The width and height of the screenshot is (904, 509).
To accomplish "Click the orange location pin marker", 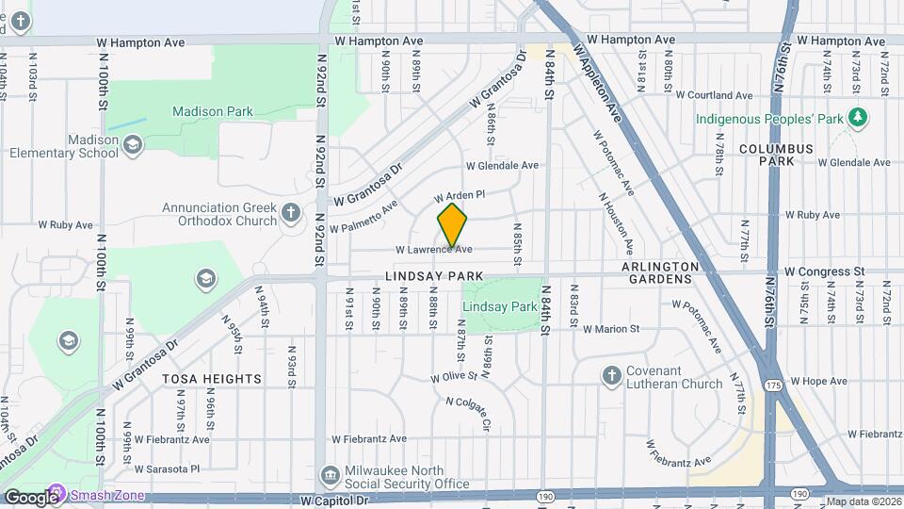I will tap(453, 225).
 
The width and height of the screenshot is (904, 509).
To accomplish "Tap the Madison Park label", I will tap(213, 111).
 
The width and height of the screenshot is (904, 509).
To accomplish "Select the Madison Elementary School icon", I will tap(133, 144).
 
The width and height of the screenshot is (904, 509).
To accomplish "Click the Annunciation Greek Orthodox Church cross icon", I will tap(291, 214).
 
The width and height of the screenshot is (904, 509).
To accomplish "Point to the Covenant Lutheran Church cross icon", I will tap(612, 375).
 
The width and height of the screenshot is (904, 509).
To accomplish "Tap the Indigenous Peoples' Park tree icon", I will tap(857, 118).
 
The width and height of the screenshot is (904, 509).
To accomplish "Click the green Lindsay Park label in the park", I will tap(499, 306).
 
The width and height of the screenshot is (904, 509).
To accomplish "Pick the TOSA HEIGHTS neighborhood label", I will tap(212, 379).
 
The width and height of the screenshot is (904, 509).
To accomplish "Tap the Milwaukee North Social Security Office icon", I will tap(330, 474).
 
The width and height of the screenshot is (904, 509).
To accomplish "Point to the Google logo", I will tap(30, 498).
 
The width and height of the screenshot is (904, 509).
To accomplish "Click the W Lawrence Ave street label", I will tap(433, 250).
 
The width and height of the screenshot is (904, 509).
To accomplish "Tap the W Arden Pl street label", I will tap(459, 195).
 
